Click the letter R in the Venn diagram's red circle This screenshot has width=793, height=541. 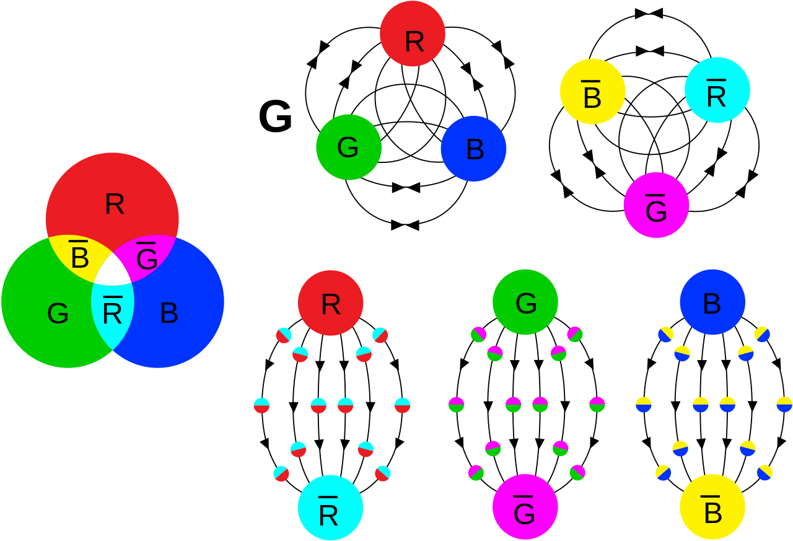coord(115,204)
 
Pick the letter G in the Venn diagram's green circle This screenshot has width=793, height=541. coord(58,314)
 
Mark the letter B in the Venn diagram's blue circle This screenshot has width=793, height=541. coord(169,314)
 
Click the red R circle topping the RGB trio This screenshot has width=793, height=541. coord(413,34)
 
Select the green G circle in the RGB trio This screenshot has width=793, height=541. coord(349,147)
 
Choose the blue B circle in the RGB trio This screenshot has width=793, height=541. coord(473,149)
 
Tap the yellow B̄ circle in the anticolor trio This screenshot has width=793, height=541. coord(592,92)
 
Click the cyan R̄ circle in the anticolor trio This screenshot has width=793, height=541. coord(717,90)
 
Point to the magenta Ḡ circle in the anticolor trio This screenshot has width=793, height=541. coord(656,205)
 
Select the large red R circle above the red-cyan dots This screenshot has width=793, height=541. coord(330,303)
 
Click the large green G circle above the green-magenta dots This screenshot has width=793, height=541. coord(525,302)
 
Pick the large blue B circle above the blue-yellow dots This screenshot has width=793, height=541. coord(712,302)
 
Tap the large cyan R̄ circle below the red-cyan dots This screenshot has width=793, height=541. coord(330,508)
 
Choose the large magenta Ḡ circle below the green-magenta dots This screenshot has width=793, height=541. coord(525,507)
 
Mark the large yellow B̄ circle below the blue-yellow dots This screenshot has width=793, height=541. coord(712,507)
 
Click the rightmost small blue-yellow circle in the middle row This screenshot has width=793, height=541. coord(784,405)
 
